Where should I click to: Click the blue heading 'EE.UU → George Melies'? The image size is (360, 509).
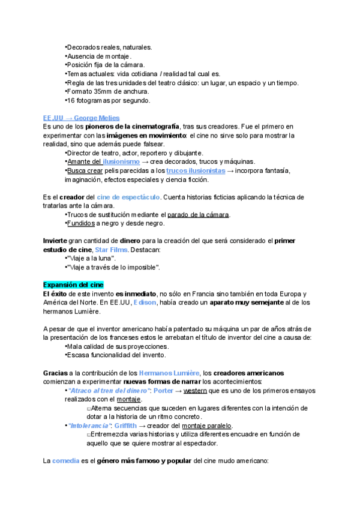81,118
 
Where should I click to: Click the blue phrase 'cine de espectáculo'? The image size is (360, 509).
128,197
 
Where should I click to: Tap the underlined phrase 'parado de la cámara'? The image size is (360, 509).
198,214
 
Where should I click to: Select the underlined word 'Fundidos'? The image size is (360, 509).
81,223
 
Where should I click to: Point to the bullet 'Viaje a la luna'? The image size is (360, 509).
91,258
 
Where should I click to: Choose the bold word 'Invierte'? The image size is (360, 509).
56,241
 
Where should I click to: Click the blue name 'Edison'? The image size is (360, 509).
145,302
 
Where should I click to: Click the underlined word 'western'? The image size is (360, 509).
195,390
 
